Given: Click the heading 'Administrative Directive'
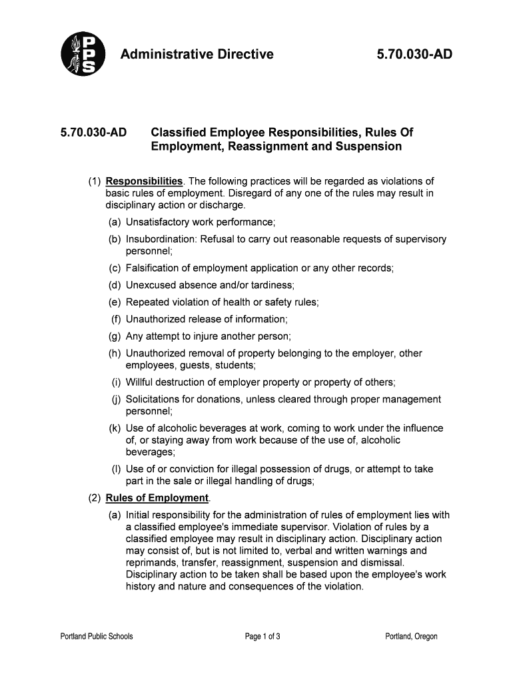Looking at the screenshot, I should pyautogui.click(x=197, y=54).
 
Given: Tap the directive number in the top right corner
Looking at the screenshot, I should pyautogui.click(x=414, y=54).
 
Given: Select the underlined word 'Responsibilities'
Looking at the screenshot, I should pyautogui.click(x=144, y=181).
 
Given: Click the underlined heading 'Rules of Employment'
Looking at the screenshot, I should pyautogui.click(x=157, y=498).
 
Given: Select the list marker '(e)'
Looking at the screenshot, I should pyautogui.click(x=116, y=302).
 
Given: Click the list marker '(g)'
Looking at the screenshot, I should pyautogui.click(x=116, y=336).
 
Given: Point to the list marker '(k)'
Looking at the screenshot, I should pyautogui.click(x=116, y=428).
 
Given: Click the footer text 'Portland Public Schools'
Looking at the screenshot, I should pyautogui.click(x=97, y=637).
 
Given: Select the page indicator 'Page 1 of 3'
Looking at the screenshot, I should pyautogui.click(x=262, y=637).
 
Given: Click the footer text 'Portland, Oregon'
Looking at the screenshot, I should pyautogui.click(x=411, y=637).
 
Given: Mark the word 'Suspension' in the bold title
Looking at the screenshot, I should pyautogui.click(x=370, y=146).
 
